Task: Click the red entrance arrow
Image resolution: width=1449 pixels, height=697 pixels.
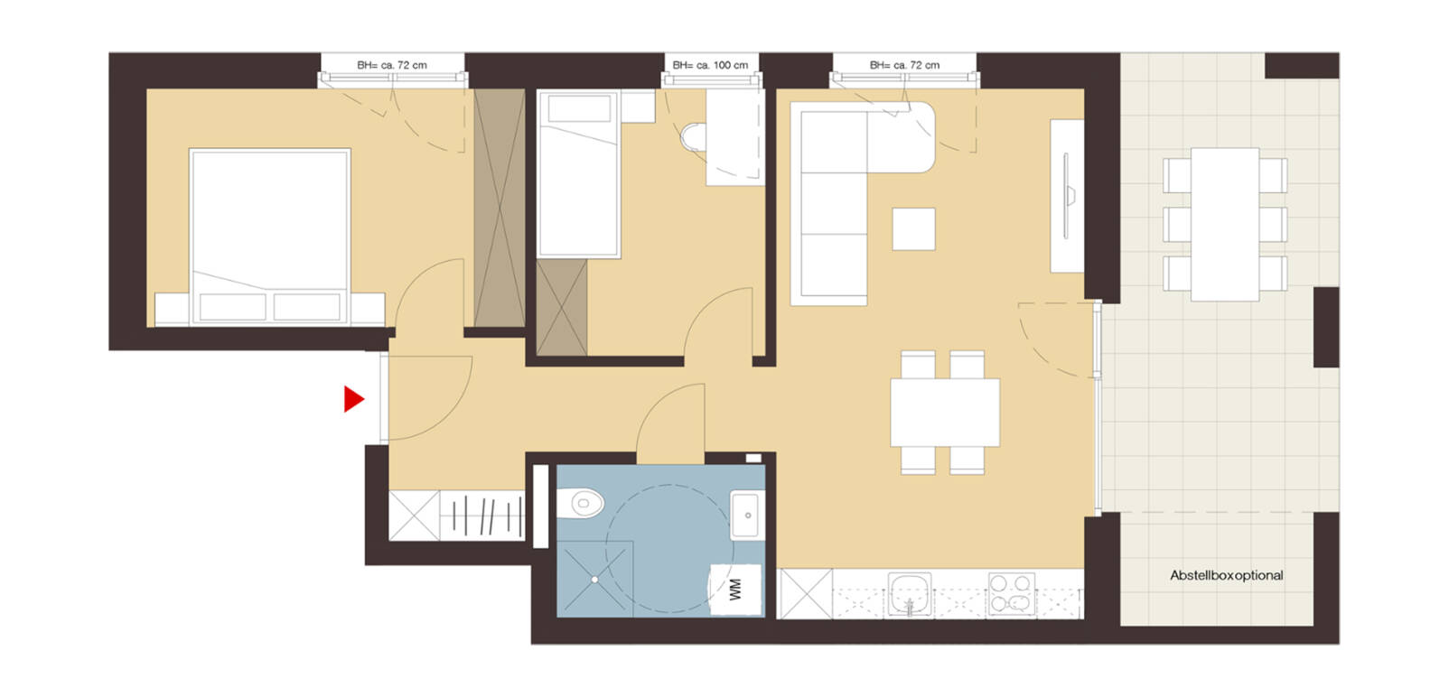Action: point(353,399)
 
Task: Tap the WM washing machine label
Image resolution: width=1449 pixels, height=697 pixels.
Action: point(735,590)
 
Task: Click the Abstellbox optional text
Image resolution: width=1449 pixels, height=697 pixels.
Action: point(1226,575)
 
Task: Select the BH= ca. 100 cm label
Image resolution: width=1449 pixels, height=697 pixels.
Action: point(710,65)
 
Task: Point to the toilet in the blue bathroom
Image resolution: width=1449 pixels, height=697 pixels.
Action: point(582,504)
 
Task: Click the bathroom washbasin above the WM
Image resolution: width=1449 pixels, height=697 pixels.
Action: point(746,516)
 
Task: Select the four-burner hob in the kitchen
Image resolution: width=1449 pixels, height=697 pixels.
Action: point(1011,593)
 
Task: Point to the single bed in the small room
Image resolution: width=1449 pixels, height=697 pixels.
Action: point(578,176)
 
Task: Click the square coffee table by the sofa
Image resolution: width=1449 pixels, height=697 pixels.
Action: point(913,228)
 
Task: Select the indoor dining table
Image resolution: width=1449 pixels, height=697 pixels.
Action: point(944,413)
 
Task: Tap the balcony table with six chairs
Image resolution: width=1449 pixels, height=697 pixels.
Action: point(1224,225)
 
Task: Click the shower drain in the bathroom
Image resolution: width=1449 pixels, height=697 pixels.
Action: point(595,579)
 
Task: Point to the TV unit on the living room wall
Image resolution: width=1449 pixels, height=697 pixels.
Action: point(1067,195)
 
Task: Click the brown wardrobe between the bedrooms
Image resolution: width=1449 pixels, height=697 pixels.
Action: point(499,208)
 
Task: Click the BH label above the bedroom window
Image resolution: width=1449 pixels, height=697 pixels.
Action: point(391,65)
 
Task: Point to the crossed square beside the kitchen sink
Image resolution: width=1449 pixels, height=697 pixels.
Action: point(805,593)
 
